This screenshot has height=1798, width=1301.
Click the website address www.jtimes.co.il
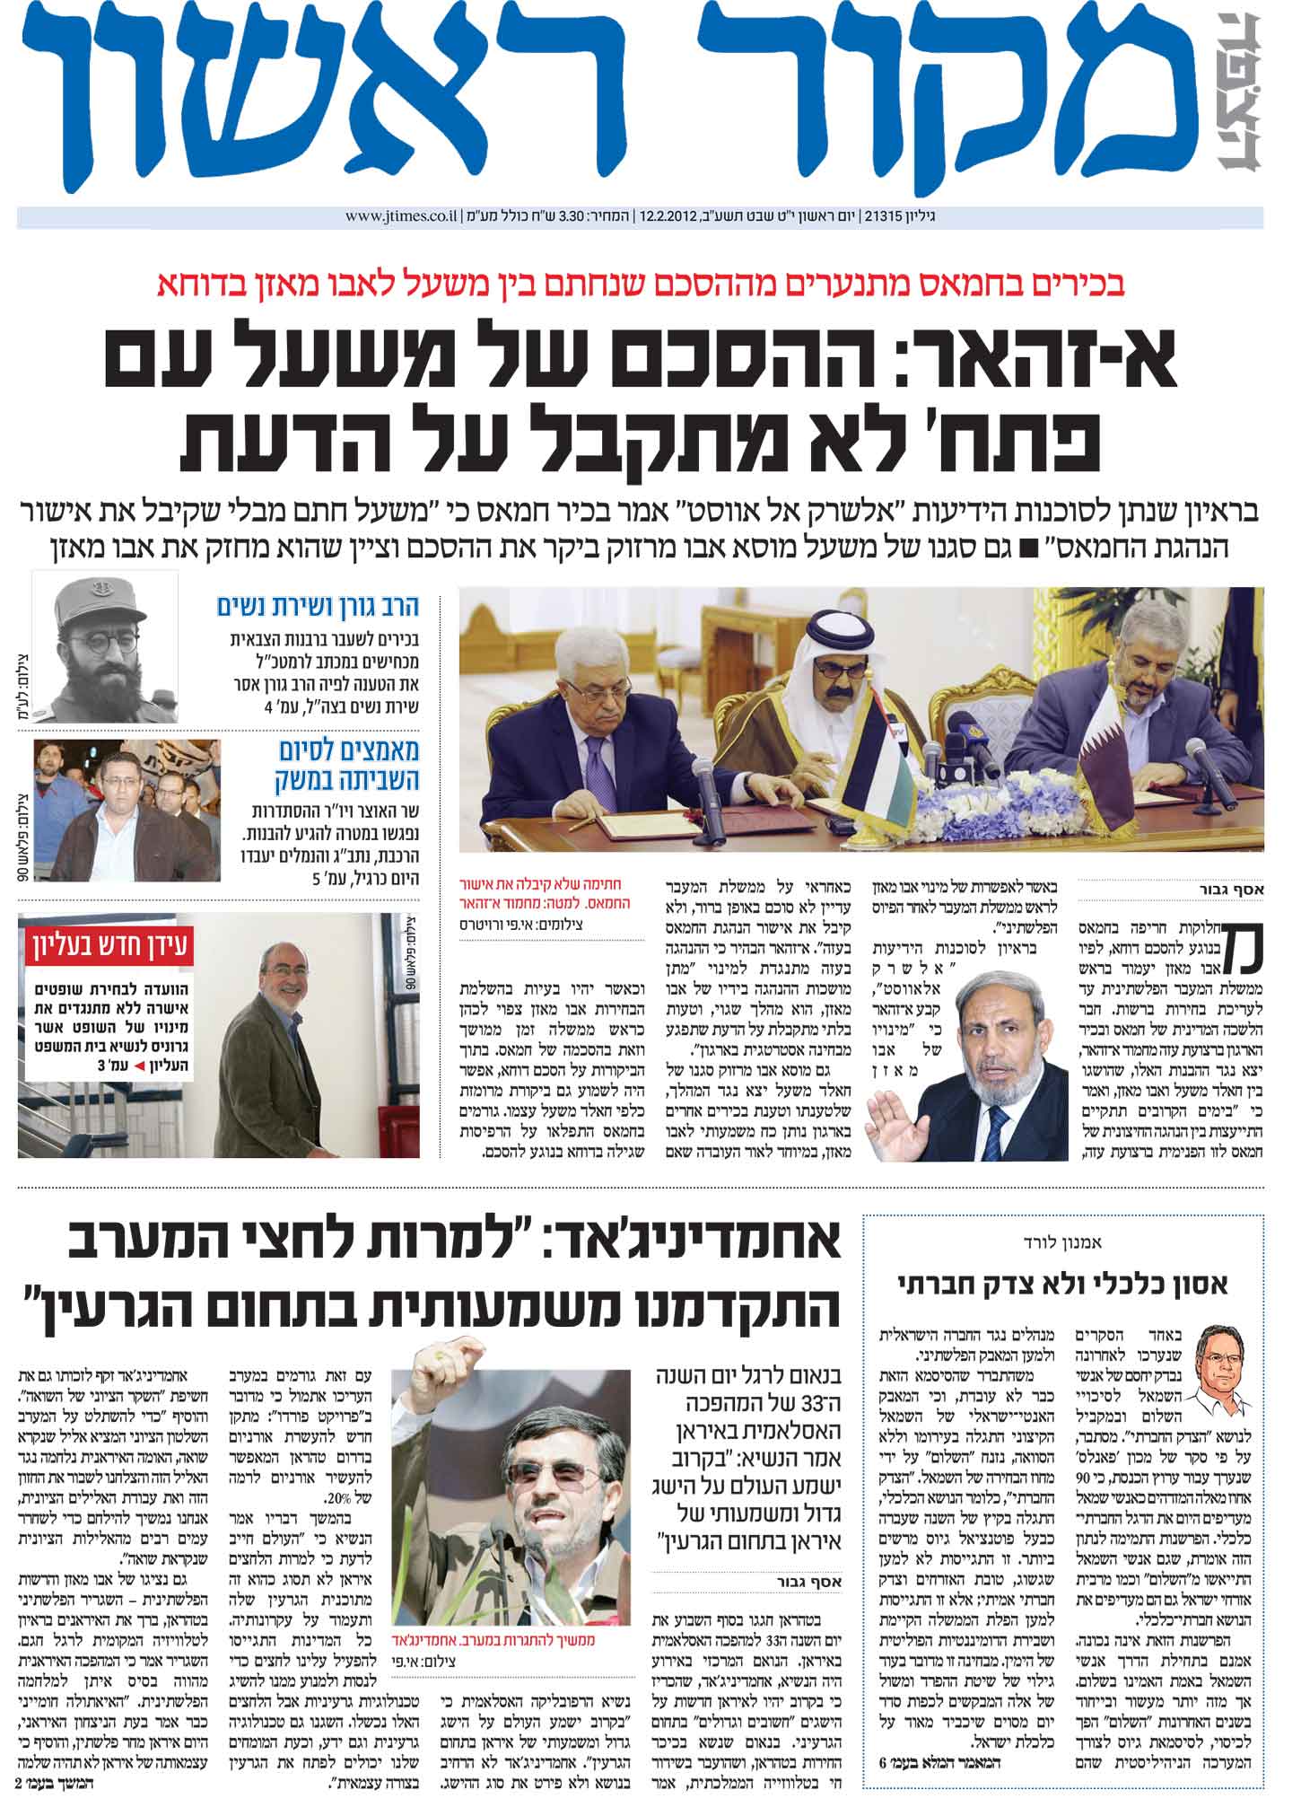[x=401, y=217]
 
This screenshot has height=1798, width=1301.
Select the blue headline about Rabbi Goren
[x=318, y=606]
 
